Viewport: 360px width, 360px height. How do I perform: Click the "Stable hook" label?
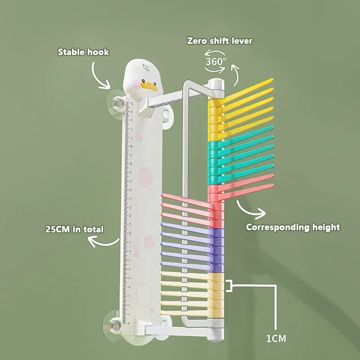point(83,52)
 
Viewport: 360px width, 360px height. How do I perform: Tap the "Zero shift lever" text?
point(220,41)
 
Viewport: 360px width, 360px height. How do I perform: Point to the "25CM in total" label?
point(74,229)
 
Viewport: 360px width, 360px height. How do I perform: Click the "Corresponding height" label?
point(293,227)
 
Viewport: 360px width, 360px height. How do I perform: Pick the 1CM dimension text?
point(275,338)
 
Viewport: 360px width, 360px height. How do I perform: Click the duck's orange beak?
point(146,85)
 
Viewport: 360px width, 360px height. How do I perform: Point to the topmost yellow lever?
point(247,87)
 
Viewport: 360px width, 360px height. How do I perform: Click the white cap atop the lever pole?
point(216,84)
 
